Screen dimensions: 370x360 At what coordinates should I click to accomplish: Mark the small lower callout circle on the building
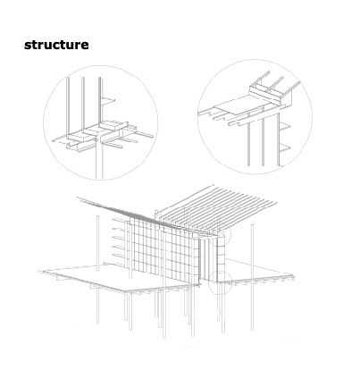[x=219, y=283]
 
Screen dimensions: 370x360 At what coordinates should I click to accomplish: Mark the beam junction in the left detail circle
[x=98, y=136]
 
